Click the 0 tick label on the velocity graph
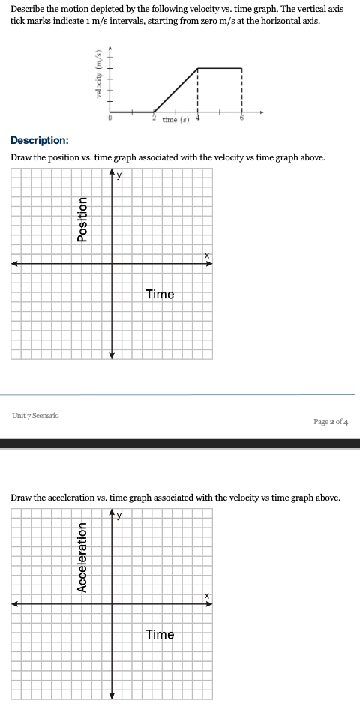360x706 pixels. coord(110,118)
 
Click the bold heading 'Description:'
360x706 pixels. coord(40,140)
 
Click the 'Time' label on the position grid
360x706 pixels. coord(160,294)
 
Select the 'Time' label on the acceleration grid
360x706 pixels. coord(160,634)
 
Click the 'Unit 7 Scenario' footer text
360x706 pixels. coord(36,415)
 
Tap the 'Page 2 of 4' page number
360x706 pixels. coord(331,421)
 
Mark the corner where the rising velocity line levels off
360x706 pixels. coord(198,68)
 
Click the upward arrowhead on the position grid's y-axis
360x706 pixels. coord(112,174)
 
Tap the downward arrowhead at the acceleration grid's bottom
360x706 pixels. coord(112,694)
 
